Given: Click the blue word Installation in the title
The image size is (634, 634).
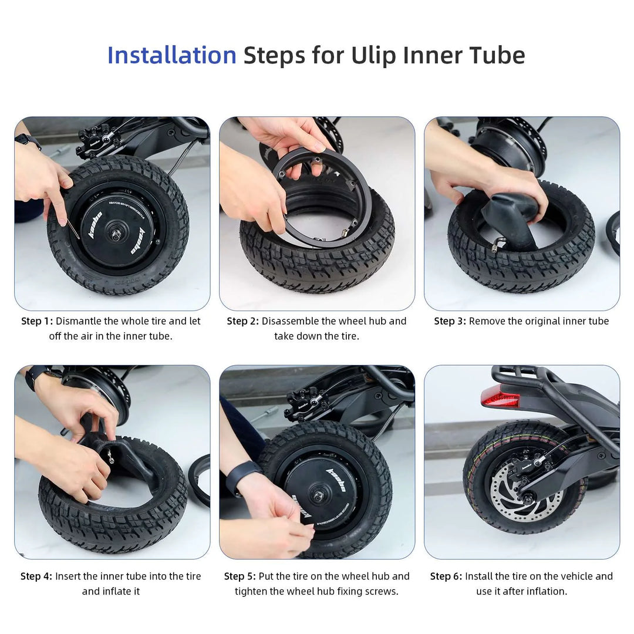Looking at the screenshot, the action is pos(172,55).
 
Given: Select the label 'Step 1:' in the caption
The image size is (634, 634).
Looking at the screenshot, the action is pos(37,321).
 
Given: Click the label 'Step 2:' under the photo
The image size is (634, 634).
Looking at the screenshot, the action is pos(242,321).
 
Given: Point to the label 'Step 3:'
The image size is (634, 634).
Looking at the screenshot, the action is pos(450,321).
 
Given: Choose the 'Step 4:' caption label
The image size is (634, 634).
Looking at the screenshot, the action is pos(36,576).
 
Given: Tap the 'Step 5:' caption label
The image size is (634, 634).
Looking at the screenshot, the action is pos(240,576).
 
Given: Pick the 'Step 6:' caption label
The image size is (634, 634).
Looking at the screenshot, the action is pos(446,576).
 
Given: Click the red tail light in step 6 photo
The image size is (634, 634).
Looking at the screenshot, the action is pos(500,397).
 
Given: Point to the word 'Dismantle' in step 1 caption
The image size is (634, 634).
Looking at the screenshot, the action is pos(79,321).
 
